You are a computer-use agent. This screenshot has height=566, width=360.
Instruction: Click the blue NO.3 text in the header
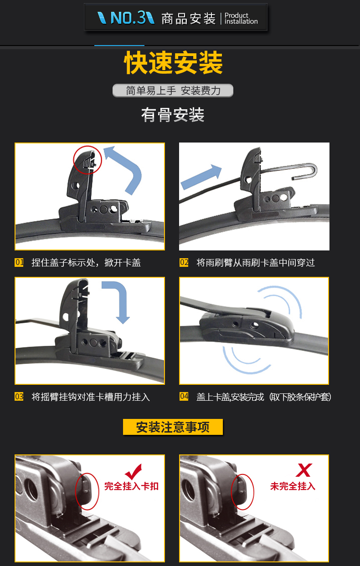pos(128,18)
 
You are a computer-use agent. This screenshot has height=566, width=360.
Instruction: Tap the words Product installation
pos(241,19)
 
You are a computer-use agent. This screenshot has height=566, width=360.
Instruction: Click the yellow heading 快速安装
pos(173,62)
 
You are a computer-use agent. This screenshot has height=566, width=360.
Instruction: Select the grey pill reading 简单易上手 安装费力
pos(173,91)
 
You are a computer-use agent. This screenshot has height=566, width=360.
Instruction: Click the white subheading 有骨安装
pos(173,115)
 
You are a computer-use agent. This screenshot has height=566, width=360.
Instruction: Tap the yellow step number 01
pos(19,262)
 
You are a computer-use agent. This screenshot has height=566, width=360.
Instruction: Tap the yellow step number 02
pos(184,262)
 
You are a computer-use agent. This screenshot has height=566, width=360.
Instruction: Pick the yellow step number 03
pos(19,397)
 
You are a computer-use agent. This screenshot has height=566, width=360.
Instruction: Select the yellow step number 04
pos(184,396)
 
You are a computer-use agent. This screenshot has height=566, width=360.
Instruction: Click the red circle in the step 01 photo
pos(73,160)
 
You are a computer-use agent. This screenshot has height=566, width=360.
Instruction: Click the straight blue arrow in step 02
pos(201,177)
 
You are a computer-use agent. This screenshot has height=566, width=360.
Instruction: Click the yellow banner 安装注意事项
pos(173,427)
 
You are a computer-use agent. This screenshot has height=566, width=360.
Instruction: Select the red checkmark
pos(134,472)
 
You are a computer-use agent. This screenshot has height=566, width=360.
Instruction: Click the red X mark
pos(304,470)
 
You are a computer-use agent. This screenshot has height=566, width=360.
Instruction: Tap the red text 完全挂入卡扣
pos(131,486)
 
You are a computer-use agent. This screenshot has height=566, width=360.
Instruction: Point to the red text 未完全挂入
pos(293,486)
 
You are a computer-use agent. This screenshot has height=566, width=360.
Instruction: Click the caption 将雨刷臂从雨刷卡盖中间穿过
pos(256,263)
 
